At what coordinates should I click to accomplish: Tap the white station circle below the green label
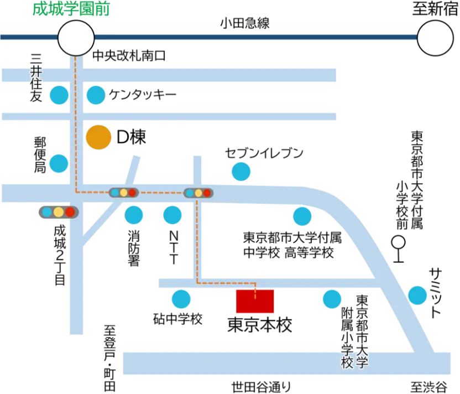point(76,38)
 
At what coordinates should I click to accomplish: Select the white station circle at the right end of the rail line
point(435,38)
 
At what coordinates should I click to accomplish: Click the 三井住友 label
point(35,77)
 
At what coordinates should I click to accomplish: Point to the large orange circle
point(98,137)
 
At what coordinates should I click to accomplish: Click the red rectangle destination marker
point(255,301)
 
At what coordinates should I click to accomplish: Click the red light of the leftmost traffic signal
point(70,211)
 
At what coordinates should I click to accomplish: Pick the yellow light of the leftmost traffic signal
point(59,211)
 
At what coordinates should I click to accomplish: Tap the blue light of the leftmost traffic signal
point(47,211)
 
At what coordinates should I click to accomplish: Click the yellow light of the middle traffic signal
point(124,193)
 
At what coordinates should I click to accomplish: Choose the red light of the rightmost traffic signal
point(207,193)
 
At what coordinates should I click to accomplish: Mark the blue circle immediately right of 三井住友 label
point(59,95)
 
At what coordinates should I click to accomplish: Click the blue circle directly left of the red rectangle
point(181,299)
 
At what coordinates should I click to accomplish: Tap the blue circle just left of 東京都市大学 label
point(332,299)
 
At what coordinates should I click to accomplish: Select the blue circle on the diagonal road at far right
point(417,295)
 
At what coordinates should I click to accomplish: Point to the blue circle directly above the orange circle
point(96,95)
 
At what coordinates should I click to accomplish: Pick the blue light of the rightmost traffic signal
point(190,193)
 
